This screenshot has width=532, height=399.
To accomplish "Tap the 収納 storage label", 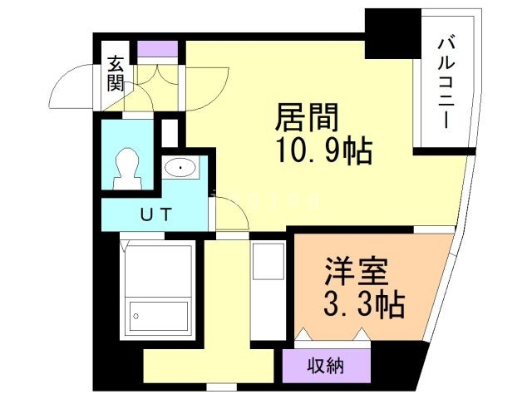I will pyautogui.click(x=326, y=364).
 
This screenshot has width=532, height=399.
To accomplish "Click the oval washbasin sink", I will pyautogui.click(x=180, y=169).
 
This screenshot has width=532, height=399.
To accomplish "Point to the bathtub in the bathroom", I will pyautogui.click(x=158, y=315).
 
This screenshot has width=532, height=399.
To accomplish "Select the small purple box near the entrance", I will pyautogui.click(x=158, y=49).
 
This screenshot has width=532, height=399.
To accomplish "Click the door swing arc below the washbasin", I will pyautogui.click(x=232, y=217).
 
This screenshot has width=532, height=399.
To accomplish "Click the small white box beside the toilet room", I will pyautogui.click(x=170, y=133).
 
